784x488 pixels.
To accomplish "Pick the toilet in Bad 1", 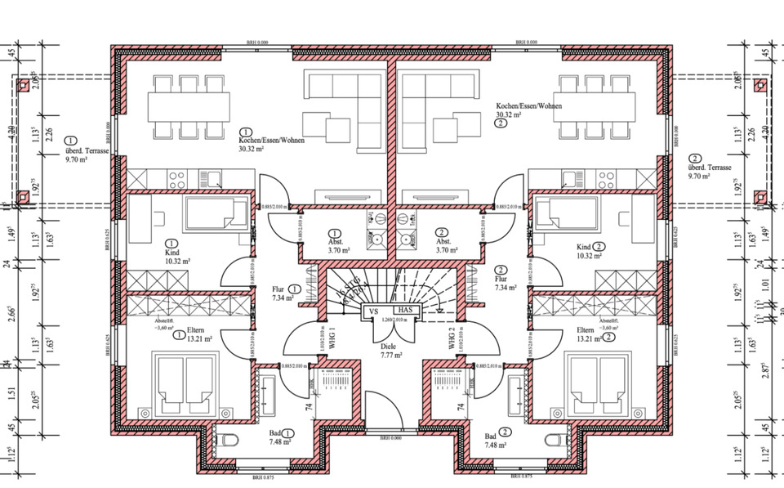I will [229, 442].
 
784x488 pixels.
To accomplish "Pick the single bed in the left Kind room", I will [216, 214].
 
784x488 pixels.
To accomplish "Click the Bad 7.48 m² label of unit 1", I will [281, 440].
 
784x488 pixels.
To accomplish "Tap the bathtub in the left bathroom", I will [269, 395].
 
